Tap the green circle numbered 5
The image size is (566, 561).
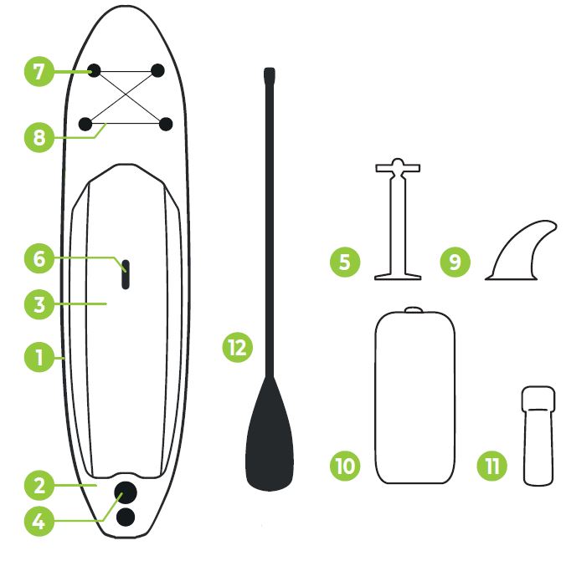pyautogui.click(x=345, y=262)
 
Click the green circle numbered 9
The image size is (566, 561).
pyautogui.click(x=455, y=262)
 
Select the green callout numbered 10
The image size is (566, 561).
pyautogui.click(x=344, y=465)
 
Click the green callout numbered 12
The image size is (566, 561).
pyautogui.click(x=238, y=345)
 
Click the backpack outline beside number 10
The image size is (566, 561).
pyautogui.click(x=415, y=397)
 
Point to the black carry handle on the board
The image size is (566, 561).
pyautogui.click(x=126, y=273)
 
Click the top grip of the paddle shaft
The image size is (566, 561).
pyautogui.click(x=269, y=76)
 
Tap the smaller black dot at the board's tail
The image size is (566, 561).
pyautogui.click(x=126, y=517)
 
